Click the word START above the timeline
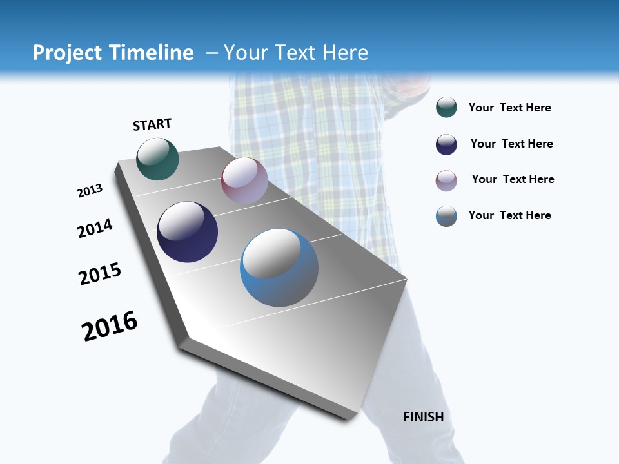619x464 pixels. click(152, 124)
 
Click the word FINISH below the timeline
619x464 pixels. click(424, 417)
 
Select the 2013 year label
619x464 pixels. click(90, 191)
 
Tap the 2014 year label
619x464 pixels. click(95, 228)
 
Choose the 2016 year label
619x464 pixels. click(110, 326)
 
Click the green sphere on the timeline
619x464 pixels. click(157, 159)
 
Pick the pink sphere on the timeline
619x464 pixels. click(244, 180)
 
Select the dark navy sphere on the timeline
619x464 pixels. click(188, 232)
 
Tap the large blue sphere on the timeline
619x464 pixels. click(279, 267)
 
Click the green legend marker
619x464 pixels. click(446, 107)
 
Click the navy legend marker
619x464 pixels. click(446, 144)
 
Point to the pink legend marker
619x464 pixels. click(446, 180)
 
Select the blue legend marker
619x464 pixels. click(446, 216)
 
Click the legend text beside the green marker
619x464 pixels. click(510, 108)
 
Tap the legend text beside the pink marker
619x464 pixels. click(513, 179)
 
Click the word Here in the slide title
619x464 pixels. click(346, 53)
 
